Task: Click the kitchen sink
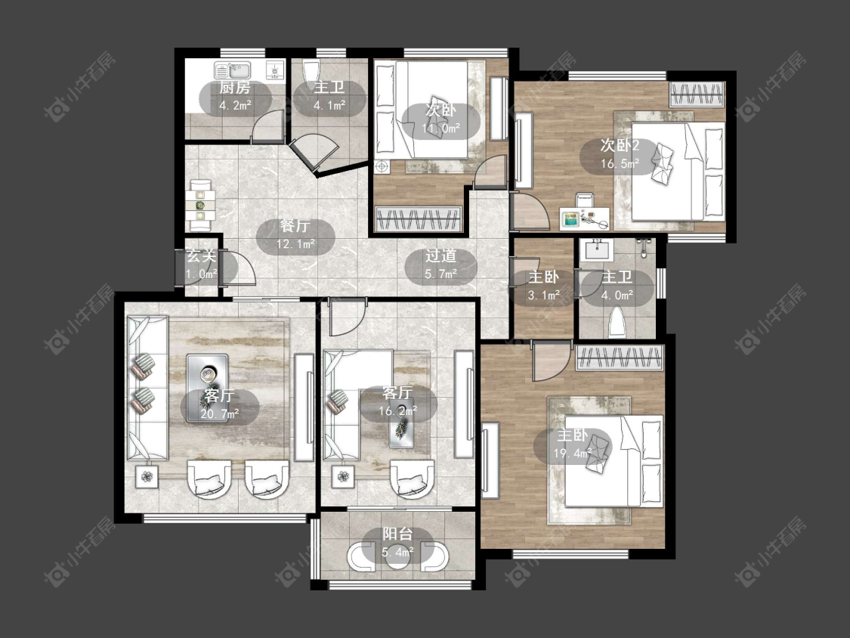(233, 70)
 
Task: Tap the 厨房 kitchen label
(235, 88)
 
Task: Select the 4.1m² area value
(329, 105)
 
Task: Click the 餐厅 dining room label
(295, 226)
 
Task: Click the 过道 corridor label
(440, 256)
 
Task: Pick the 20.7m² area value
(220, 414)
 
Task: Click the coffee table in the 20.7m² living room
(208, 388)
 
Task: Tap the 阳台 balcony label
(397, 534)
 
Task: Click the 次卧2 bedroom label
(620, 145)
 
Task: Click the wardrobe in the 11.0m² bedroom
(418, 219)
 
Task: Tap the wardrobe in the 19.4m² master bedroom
(620, 358)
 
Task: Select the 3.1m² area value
(544, 295)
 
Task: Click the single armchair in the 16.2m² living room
(412, 478)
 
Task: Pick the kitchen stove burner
(275, 70)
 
